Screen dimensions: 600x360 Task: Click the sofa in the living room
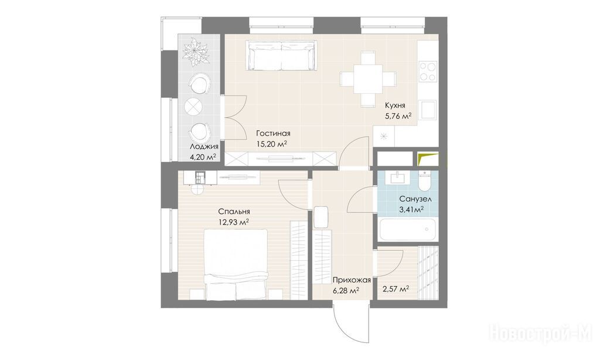point(282,56)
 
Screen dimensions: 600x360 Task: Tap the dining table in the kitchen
point(368,79)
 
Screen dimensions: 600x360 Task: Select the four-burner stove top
point(427,71)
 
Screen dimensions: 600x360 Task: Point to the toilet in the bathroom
point(425,182)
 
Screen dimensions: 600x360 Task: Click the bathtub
point(408,229)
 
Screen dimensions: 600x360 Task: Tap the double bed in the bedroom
point(236,264)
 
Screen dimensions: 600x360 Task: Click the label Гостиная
point(273,134)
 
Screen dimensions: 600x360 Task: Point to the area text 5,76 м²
point(398,116)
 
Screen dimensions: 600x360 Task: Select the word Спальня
point(234,212)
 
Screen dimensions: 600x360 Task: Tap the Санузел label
point(415,199)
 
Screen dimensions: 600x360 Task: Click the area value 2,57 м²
point(396,289)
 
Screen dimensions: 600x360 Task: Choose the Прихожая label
point(352,280)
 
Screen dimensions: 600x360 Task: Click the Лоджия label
point(204,147)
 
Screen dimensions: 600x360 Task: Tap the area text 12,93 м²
point(234,222)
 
